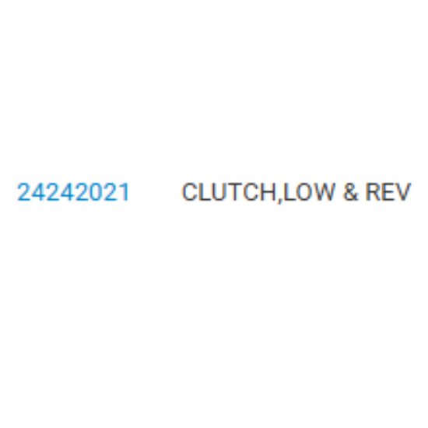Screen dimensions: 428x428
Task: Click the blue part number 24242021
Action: tap(73, 192)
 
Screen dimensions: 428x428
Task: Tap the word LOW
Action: tap(309, 192)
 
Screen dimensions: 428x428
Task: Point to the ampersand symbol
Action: tap(350, 192)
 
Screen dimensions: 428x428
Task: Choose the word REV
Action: tap(388, 192)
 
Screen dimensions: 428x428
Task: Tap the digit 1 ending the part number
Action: tap(125, 192)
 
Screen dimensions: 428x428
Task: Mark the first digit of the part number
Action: tap(24, 192)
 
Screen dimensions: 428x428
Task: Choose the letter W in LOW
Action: tap(324, 192)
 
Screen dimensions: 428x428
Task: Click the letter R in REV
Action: tap(373, 192)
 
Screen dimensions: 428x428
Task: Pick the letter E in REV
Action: tap(388, 192)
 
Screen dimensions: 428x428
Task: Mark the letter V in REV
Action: tap(402, 192)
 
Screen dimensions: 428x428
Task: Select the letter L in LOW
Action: tap(289, 192)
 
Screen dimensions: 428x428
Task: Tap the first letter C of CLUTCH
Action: tap(190, 192)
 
